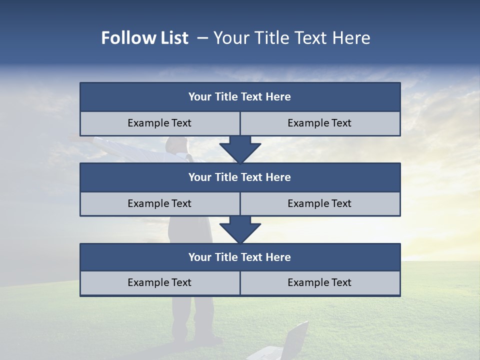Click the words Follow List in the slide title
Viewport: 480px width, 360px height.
point(144,38)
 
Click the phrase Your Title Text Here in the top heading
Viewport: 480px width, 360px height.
point(291,38)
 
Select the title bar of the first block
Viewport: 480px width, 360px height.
point(239,97)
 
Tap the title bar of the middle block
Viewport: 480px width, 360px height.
point(239,177)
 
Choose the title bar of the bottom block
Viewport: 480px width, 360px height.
point(239,257)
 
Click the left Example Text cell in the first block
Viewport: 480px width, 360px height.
point(159,123)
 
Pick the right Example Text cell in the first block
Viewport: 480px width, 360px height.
point(319,123)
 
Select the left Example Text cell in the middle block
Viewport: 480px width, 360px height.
point(159,203)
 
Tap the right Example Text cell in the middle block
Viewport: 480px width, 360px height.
point(319,203)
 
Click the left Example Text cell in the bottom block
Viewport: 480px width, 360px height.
point(159,282)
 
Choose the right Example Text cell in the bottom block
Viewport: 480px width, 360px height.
point(319,282)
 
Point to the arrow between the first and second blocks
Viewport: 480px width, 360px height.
point(240,149)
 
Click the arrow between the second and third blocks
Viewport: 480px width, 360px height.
point(240,229)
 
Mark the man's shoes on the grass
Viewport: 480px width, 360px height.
point(207,340)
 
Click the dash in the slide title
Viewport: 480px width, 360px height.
point(202,38)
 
